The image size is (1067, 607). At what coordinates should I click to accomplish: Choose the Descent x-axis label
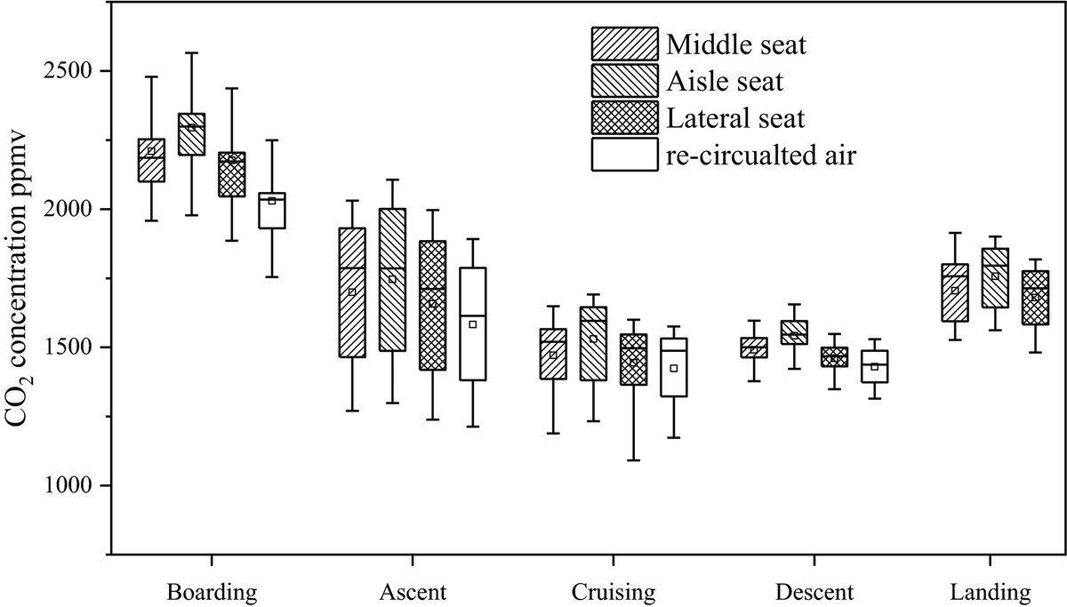(x=814, y=592)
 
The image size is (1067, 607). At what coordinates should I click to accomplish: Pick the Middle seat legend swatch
(x=624, y=43)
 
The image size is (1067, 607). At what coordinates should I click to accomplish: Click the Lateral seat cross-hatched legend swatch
(x=624, y=117)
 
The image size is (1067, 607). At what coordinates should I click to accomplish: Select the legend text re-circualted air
(x=761, y=156)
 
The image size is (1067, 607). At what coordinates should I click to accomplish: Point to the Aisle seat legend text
(x=724, y=81)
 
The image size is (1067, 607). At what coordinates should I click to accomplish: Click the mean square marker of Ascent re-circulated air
(x=473, y=324)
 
